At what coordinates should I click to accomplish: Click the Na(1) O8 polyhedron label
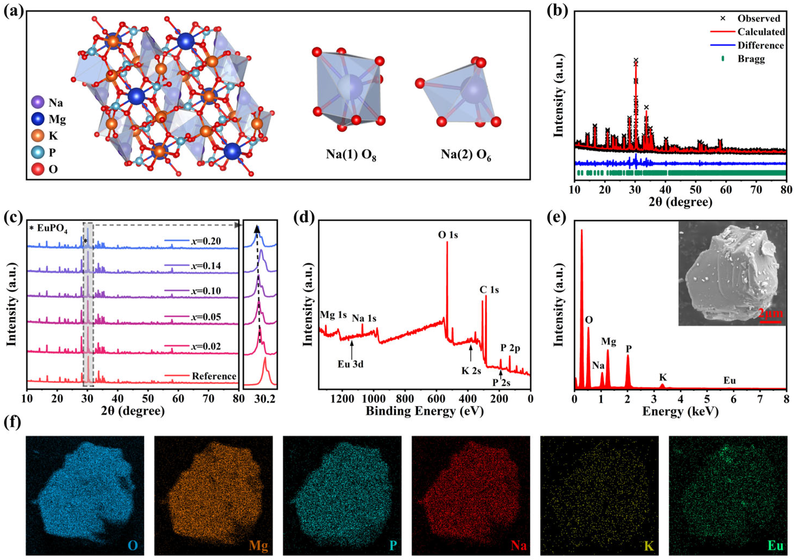[x=351, y=155]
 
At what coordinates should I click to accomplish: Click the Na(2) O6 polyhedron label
[x=466, y=155]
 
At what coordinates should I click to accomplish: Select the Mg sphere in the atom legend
[x=37, y=119]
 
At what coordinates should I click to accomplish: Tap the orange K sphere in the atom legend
[x=37, y=136]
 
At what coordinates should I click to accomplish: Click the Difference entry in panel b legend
[x=761, y=45]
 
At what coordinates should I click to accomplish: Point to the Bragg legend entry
[x=751, y=59]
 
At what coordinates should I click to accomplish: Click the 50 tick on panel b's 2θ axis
[x=695, y=190]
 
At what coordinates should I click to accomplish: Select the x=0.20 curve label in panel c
[x=206, y=241]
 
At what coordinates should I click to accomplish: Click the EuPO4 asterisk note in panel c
[x=48, y=230]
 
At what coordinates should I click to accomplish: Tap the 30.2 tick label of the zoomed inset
[x=265, y=399]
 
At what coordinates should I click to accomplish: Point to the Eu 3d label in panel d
[x=350, y=364]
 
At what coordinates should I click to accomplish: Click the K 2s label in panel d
[x=471, y=371]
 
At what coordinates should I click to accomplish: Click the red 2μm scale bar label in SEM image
[x=770, y=314]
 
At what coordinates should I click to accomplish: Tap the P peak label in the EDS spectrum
[x=629, y=349]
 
